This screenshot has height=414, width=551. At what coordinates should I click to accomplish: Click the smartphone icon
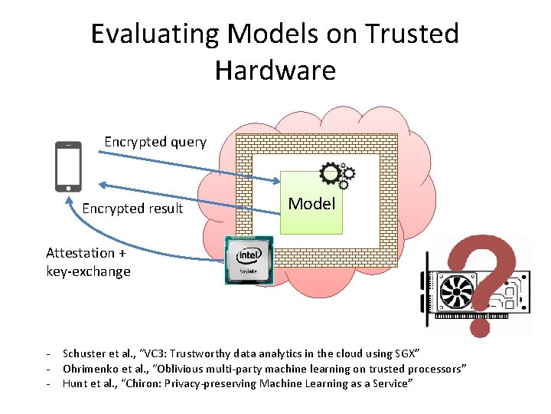pos(69,166)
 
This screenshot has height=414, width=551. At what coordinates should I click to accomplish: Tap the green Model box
pos(312,204)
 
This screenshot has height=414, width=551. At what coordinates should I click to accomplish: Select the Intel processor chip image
pos(249,259)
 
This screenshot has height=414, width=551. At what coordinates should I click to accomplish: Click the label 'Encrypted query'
pos(155,142)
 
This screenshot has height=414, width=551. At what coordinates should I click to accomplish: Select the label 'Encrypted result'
pos(132,209)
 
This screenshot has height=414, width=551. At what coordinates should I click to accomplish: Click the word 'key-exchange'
pos(88,271)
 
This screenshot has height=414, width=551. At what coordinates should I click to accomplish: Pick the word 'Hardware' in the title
pos(275,71)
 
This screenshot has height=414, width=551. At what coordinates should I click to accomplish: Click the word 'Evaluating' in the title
pos(154,34)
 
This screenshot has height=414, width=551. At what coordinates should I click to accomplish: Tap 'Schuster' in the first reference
pos(85,353)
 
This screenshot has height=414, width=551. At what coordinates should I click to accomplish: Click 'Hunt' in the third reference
pos(75,383)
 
